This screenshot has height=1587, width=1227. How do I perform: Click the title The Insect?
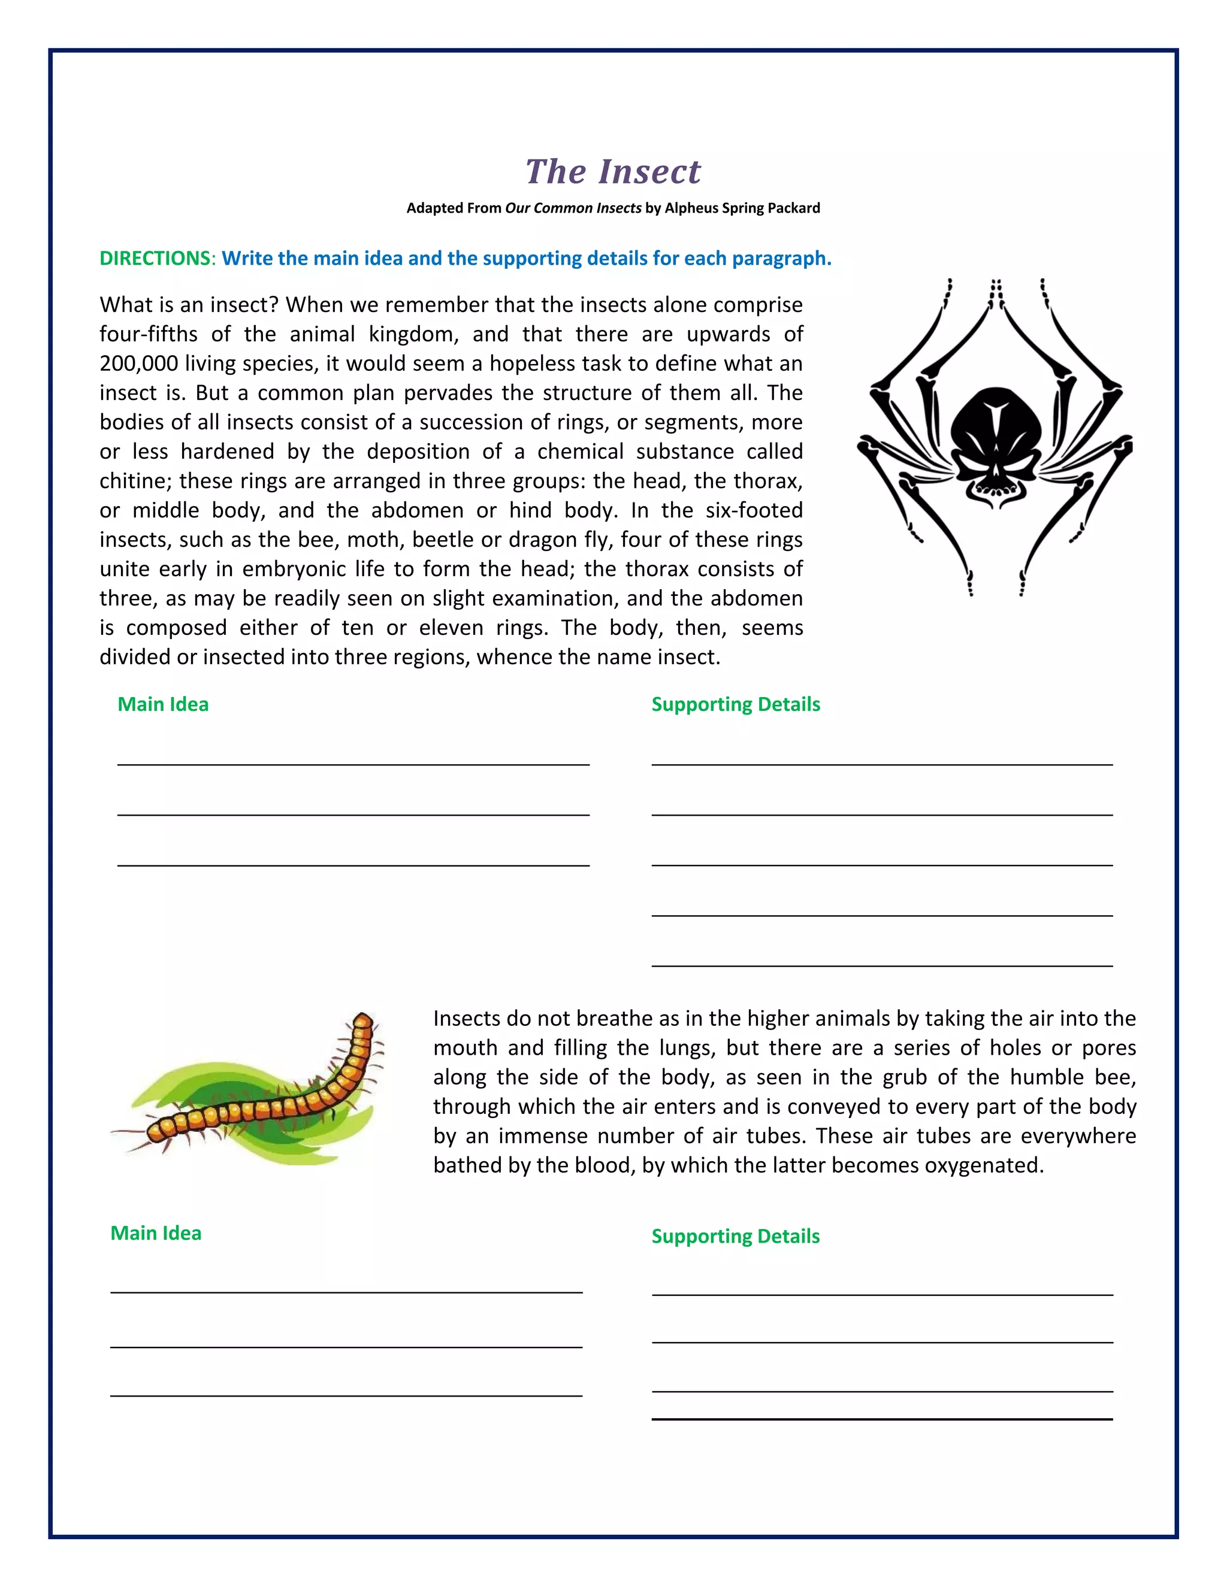[x=613, y=172]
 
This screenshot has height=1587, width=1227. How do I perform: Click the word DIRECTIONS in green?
[x=155, y=259]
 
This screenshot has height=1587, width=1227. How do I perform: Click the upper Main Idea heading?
[x=163, y=704]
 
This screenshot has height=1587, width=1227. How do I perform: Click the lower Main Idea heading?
[x=156, y=1233]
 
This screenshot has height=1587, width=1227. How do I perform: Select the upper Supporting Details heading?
[x=736, y=704]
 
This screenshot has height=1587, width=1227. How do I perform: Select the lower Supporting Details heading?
[x=736, y=1236]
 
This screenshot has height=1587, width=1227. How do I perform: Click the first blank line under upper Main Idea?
[x=353, y=764]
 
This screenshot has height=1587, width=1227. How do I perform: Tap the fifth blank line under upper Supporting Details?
[x=882, y=965]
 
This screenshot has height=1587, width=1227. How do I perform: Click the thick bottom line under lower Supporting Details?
[x=882, y=1418]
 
